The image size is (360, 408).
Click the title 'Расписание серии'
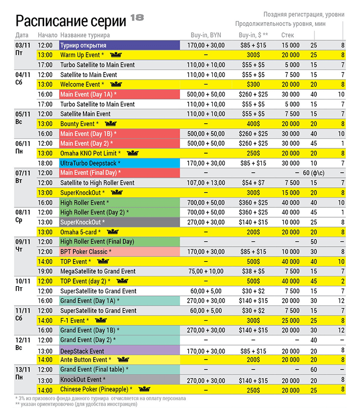coord(71,21)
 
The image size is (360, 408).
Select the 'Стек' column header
coord(288,35)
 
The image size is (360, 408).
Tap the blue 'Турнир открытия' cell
coord(119,45)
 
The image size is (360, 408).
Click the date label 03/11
coord(23,45)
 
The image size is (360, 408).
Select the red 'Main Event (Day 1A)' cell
coord(119,95)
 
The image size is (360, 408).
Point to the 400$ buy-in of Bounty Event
coord(253,124)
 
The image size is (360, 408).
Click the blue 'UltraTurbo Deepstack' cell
coord(119,163)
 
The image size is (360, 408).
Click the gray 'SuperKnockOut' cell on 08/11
coord(119,222)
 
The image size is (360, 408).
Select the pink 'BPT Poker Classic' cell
coord(119,252)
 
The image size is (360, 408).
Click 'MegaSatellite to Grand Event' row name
coord(98,271)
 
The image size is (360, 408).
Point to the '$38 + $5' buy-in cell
coord(253,271)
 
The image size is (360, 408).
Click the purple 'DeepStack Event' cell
coord(119,350)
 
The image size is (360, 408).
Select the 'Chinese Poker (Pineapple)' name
coord(96,389)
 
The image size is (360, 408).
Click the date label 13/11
coord(23,370)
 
